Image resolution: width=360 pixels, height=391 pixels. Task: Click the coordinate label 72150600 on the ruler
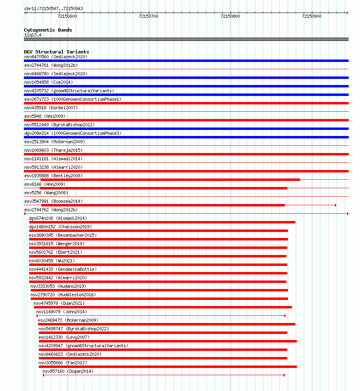coord(67,16)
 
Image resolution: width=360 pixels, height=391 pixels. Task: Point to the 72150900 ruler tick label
coord(311,16)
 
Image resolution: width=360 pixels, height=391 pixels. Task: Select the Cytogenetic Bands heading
coord(48,30)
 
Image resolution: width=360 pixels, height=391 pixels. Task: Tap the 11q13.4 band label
coord(32,35)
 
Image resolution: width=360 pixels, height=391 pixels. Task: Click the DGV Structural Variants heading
coord(56,52)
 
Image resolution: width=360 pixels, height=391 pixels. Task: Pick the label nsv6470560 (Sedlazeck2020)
coord(55,57)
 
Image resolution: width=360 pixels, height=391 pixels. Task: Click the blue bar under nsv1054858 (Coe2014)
coord(186,86)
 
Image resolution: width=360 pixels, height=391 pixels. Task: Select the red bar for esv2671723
coord(186,103)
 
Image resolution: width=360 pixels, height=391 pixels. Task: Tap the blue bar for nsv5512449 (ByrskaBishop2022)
coord(186,129)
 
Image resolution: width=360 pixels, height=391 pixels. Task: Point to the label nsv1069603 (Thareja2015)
coord(53,150)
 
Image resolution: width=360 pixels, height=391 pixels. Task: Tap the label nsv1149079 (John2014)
coord(61,312)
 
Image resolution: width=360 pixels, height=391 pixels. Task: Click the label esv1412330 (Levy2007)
coord(64,337)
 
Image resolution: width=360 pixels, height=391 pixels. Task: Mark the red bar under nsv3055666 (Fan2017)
coord(167,367)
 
